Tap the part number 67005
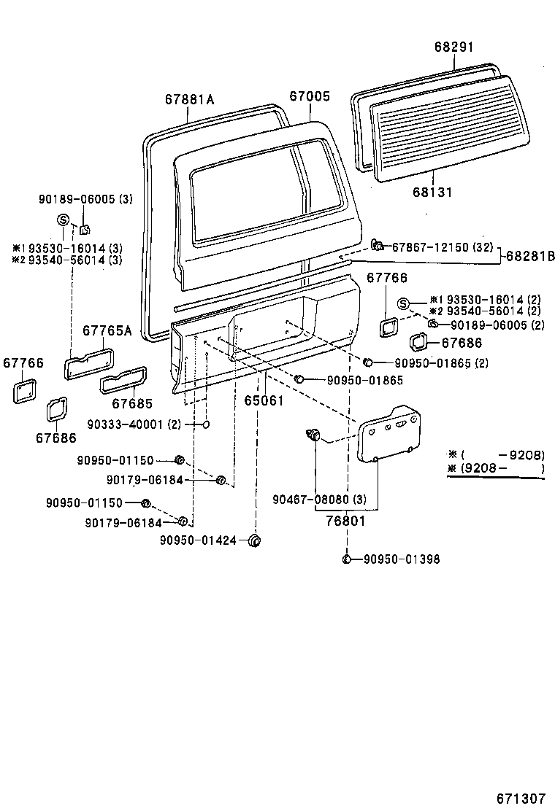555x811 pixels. click(x=309, y=96)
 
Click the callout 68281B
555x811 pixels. click(x=530, y=256)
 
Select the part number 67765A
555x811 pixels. click(x=107, y=330)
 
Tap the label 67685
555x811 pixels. click(x=132, y=403)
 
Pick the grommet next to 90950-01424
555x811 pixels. click(x=255, y=540)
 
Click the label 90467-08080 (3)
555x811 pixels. click(x=319, y=500)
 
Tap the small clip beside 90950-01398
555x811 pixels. click(x=348, y=559)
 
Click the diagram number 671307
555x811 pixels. click(x=521, y=797)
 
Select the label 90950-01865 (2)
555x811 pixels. click(x=441, y=362)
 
